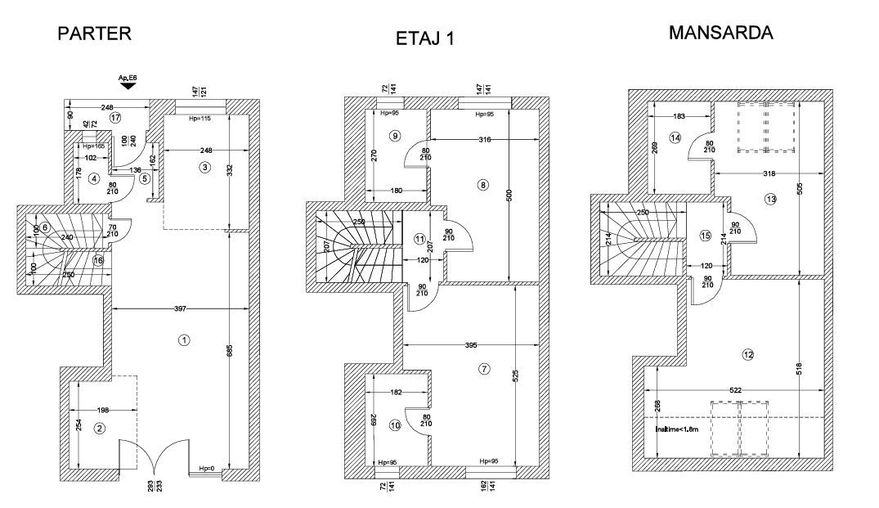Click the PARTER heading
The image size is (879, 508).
click(x=94, y=34)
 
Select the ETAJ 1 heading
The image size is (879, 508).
click(x=424, y=40)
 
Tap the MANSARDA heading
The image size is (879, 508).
click(x=720, y=33)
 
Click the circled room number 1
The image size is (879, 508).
click(x=185, y=339)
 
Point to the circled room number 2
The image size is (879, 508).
click(x=99, y=428)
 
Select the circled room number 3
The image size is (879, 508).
click(x=205, y=168)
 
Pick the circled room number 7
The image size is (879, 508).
click(x=484, y=370)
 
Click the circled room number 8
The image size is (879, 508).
click(x=483, y=186)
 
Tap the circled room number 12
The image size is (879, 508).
click(x=747, y=354)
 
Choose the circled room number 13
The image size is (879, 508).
click(x=769, y=200)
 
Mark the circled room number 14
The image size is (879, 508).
click(x=675, y=138)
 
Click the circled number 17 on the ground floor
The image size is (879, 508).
click(x=116, y=118)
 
